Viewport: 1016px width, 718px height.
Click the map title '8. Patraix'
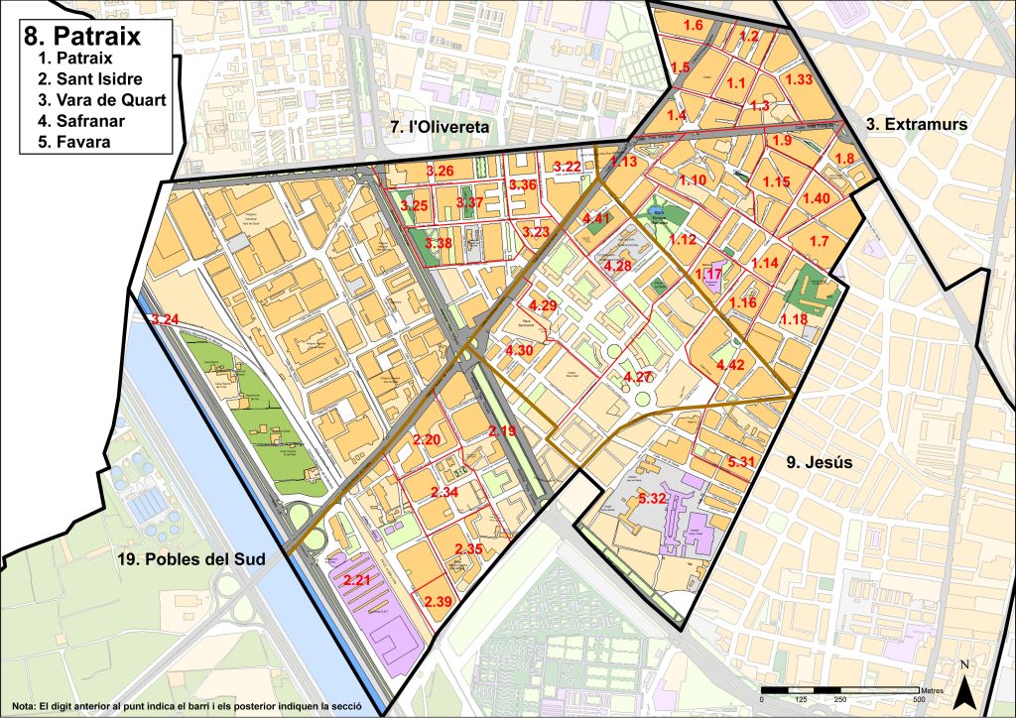[81, 36]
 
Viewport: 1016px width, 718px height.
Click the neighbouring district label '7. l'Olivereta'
[434, 127]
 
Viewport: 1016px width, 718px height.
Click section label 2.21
[356, 579]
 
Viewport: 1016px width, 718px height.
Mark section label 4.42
[730, 366]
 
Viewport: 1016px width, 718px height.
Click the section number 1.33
[799, 79]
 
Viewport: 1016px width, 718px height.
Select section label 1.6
[694, 25]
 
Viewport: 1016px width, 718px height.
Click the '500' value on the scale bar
[920, 701]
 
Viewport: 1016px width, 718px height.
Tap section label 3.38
[438, 243]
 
